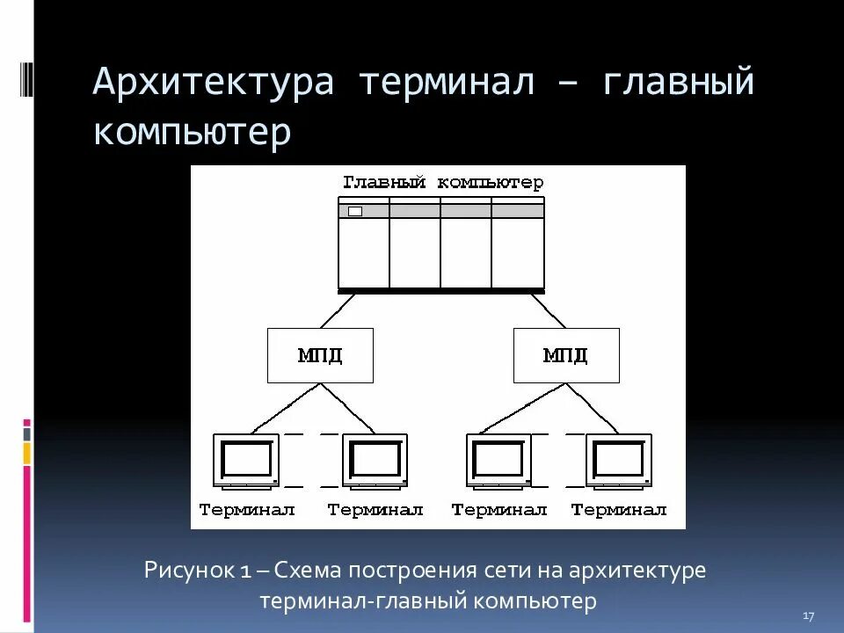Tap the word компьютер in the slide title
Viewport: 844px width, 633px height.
tap(192, 132)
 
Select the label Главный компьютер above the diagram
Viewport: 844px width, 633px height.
tap(442, 183)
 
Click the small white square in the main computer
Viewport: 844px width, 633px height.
tap(355, 211)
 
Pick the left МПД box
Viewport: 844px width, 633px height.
tap(319, 355)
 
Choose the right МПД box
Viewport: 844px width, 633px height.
tap(565, 355)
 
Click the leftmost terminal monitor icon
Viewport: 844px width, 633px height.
tap(246, 460)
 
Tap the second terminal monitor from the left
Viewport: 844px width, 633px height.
tap(375, 460)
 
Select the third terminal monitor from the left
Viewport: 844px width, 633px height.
tap(499, 460)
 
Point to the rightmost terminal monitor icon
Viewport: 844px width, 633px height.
tap(619, 460)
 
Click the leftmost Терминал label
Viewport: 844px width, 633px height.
tap(247, 510)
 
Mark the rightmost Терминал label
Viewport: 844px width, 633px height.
tap(619, 510)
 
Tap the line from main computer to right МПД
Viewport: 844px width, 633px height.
tap(549, 310)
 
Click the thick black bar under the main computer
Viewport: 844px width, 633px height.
tap(441, 289)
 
